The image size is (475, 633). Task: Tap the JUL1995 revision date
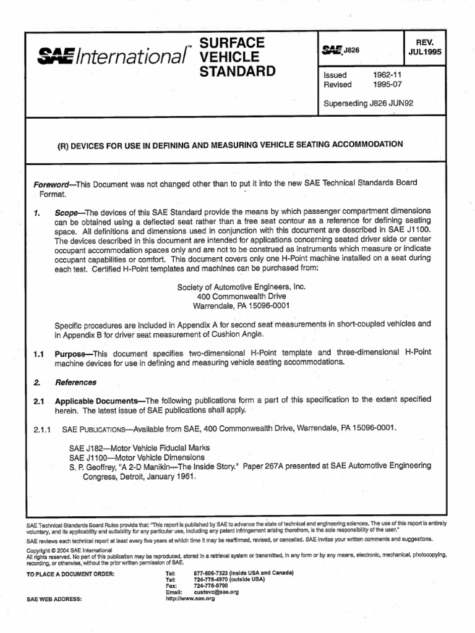click(x=425, y=52)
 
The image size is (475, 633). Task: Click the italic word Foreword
click(x=53, y=183)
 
